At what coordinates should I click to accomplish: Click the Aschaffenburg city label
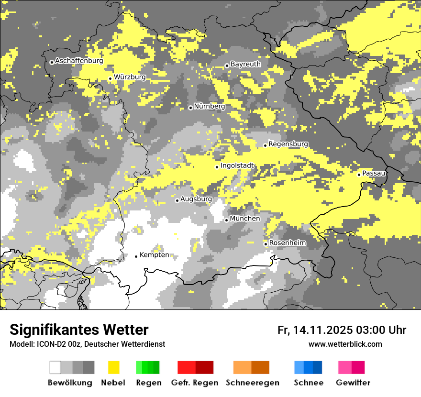pos(79,61)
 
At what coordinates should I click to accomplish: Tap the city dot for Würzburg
pos(110,78)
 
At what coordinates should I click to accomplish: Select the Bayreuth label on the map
pos(245,64)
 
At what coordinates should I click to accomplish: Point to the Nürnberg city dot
pos(190,108)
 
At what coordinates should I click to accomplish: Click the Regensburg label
pos(288,144)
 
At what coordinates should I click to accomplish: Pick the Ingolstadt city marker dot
pos(217,167)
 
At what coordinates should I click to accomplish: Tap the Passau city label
pos(374,173)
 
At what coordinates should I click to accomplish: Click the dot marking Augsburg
pos(177,200)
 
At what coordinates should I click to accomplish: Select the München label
pos(245,219)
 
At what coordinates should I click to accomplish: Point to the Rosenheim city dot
pos(266,244)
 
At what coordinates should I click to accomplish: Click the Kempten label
pos(154,255)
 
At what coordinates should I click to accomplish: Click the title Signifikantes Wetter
pos(79,330)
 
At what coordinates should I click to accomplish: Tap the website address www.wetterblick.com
pos(345,344)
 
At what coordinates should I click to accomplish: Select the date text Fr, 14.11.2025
pos(315,330)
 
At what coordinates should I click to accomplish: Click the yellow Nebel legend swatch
pos(113,367)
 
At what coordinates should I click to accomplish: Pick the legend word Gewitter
pos(353,383)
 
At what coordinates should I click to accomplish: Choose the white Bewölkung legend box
pos(55,367)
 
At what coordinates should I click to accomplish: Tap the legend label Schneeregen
pos(253,383)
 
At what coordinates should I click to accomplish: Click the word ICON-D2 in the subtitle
pos(48,344)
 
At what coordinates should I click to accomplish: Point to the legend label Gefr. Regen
pos(194,383)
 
